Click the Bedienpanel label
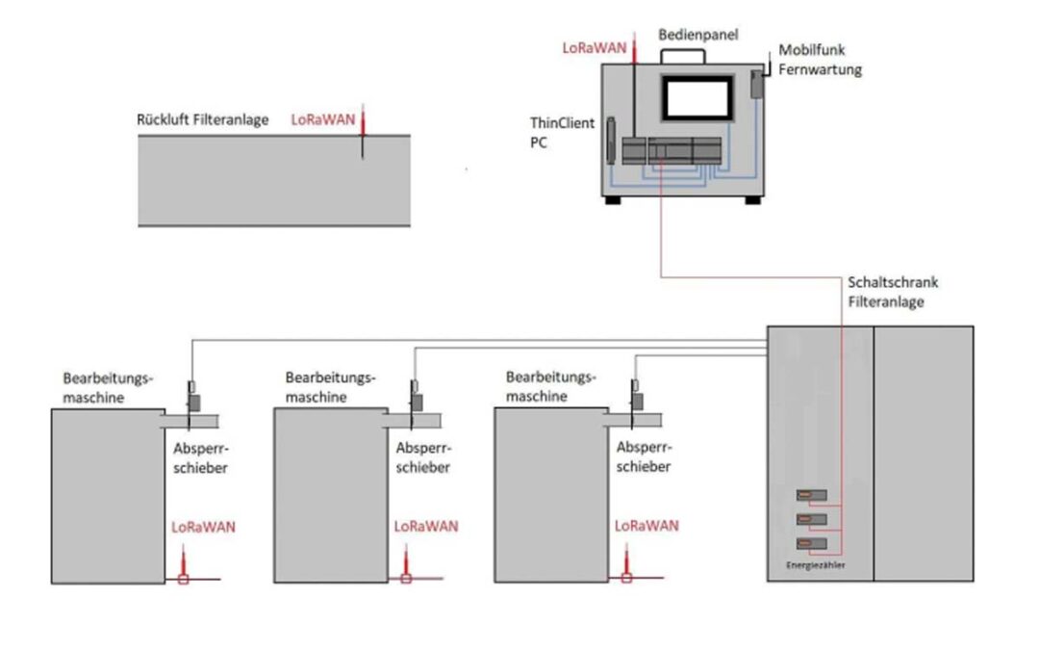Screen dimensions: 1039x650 tap(697, 35)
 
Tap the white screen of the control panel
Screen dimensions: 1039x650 tap(697, 98)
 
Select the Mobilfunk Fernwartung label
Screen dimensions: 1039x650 tap(820, 60)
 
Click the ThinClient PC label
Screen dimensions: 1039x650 tap(562, 133)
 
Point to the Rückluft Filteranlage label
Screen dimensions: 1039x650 tap(203, 120)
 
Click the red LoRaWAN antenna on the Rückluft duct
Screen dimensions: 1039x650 tap(363, 131)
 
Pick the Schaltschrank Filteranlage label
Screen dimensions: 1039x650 tap(893, 292)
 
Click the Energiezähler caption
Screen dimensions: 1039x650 tap(815, 565)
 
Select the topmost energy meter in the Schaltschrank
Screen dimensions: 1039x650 tap(812, 495)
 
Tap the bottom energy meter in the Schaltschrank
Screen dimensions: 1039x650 tap(812, 544)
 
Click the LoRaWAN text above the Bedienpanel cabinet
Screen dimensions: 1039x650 tap(595, 48)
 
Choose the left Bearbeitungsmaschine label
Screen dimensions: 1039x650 tap(108, 388)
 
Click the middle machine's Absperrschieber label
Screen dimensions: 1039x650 tap(423, 457)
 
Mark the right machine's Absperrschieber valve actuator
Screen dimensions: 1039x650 tap(637, 402)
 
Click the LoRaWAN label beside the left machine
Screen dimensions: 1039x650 tap(203, 528)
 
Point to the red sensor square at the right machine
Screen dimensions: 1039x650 tap(626, 579)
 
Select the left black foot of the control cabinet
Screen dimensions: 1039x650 tap(612, 199)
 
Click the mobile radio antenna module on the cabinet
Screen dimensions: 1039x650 tap(757, 84)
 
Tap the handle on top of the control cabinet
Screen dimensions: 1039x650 tap(682, 56)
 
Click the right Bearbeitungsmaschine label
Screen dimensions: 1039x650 tap(550, 387)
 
